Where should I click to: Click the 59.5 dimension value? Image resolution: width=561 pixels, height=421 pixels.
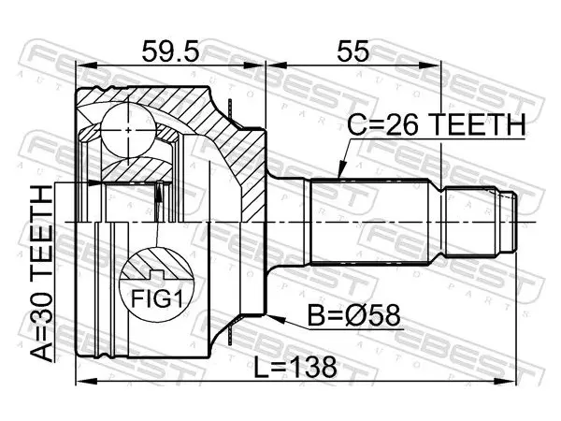[x=169, y=51]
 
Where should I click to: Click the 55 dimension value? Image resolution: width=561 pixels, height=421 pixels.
[x=352, y=51]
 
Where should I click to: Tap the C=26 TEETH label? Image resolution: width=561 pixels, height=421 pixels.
[x=437, y=125]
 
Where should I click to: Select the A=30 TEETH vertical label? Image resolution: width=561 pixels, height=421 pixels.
[x=41, y=273]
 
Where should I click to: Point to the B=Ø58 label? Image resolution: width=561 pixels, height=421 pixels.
[x=353, y=316]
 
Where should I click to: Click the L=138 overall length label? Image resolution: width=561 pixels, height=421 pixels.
[x=295, y=367]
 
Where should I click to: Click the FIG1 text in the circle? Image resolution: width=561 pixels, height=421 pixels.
[x=157, y=299]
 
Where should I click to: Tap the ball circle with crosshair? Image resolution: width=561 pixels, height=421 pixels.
[x=129, y=129]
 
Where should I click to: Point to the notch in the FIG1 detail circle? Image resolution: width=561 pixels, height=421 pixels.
[x=156, y=275]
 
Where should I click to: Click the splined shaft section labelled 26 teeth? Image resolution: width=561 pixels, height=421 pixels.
[x=369, y=222]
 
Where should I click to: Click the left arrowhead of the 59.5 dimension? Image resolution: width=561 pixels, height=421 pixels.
[x=86, y=65]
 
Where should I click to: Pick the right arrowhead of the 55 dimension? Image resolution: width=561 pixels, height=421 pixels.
[x=430, y=65]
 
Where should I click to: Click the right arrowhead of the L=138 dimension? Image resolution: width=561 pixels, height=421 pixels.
[x=507, y=381]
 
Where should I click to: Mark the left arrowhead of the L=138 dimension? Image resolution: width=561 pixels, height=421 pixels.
[x=86, y=381]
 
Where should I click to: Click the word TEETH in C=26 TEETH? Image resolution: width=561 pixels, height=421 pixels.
[x=477, y=125]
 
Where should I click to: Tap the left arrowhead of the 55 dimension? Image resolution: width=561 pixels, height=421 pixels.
[x=277, y=65]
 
